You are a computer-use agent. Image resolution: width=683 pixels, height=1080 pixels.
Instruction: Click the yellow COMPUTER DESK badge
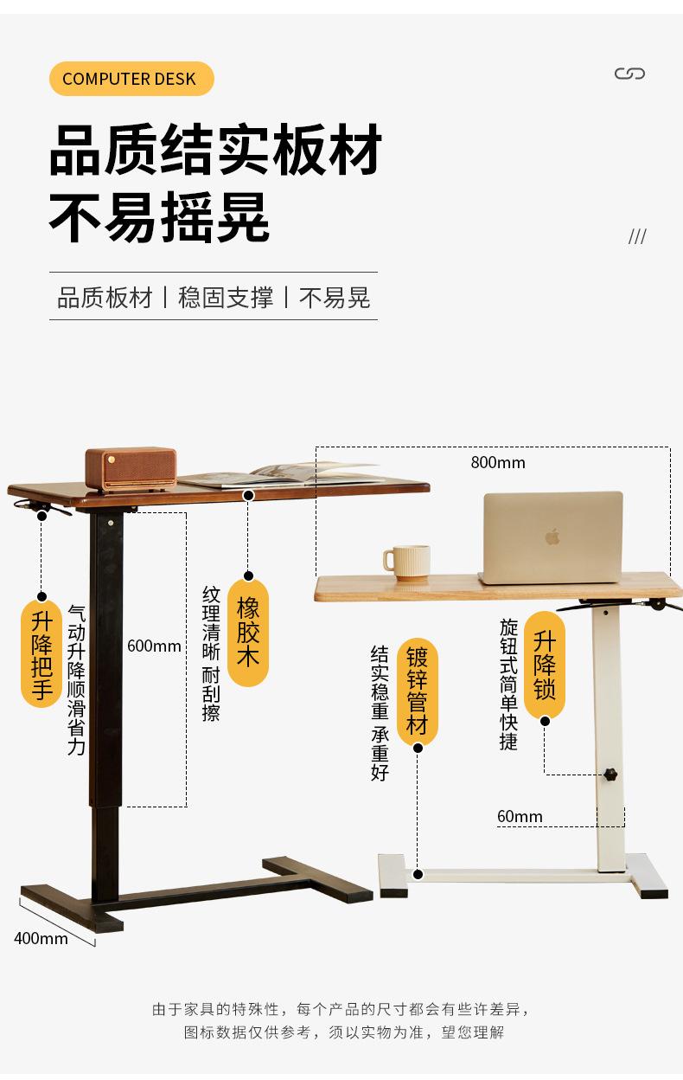[x=130, y=79]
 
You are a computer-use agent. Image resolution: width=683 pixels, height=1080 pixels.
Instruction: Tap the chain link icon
[x=629, y=74]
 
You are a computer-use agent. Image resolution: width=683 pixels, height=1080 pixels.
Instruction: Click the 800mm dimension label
[x=498, y=462]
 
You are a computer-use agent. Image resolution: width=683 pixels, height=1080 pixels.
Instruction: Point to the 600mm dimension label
[x=154, y=646]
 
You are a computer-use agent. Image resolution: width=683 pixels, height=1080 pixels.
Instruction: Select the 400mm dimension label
[x=41, y=938]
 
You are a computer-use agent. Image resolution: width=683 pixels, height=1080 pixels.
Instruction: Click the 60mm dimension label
[x=520, y=817]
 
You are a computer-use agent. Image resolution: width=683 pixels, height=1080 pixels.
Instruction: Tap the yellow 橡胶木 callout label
[x=248, y=633]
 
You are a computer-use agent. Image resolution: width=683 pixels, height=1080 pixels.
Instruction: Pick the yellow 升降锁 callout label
[x=545, y=664]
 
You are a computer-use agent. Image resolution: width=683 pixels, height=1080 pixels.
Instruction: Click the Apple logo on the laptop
[x=552, y=537]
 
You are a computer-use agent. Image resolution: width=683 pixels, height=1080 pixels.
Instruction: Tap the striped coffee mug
[x=406, y=562]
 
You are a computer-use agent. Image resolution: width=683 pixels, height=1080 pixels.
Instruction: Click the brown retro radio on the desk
[x=131, y=470]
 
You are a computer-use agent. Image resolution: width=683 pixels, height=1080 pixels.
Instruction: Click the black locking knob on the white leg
[x=613, y=774]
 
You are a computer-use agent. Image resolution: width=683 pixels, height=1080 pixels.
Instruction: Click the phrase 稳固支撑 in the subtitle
[x=226, y=298]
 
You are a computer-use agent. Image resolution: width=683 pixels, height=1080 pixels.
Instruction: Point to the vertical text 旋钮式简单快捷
[x=508, y=684]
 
